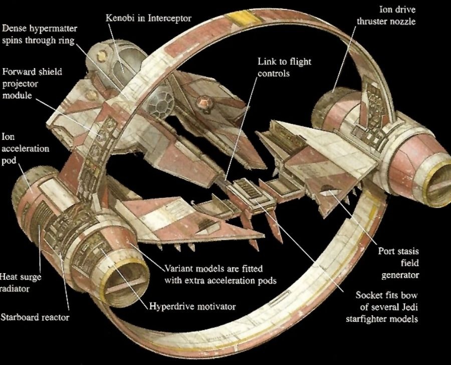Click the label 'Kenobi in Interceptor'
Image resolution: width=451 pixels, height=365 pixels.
[148, 18]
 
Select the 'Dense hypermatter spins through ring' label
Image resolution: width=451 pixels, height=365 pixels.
[40, 34]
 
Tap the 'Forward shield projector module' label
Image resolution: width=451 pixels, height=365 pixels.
[32, 83]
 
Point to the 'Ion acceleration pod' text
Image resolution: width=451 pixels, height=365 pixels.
[26, 148]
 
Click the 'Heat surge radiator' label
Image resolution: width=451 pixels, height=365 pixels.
[20, 283]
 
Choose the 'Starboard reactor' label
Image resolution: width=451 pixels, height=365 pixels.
[35, 317]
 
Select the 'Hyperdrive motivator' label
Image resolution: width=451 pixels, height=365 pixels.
[192, 307]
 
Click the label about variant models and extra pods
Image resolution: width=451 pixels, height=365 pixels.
[220, 275]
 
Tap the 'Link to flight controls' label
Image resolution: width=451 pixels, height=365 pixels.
[284, 67]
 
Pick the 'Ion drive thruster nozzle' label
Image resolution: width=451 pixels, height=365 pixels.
[386, 16]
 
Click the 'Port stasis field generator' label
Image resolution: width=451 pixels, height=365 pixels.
[398, 263]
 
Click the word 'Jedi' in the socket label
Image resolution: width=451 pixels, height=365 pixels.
[409, 307]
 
